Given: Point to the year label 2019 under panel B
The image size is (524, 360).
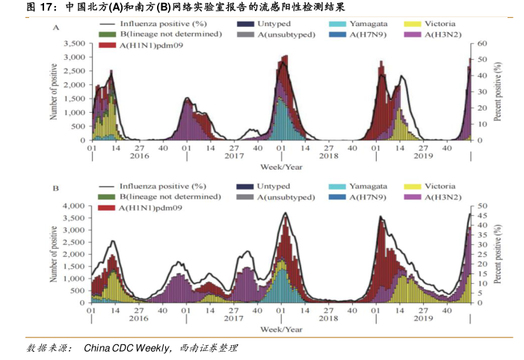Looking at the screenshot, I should pos(424,317).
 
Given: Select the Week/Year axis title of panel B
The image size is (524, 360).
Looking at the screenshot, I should pos(281,328).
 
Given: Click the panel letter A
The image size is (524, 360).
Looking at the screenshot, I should pos(56,27).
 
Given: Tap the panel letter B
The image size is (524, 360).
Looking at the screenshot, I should pos(55,188).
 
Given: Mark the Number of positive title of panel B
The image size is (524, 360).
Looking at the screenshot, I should pos(53,254).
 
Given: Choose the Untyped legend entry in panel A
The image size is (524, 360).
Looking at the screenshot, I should pos(272,25).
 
